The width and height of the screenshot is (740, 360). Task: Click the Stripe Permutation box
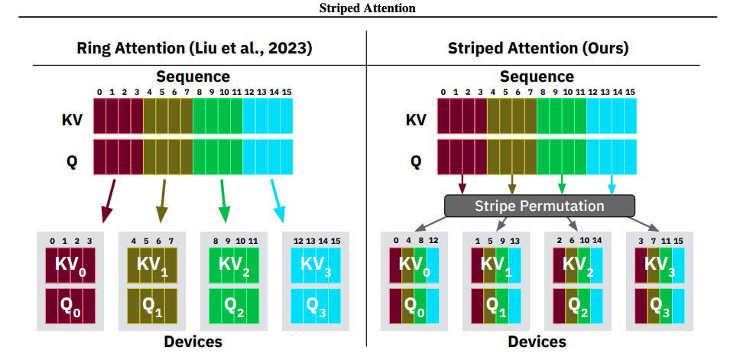[540, 206]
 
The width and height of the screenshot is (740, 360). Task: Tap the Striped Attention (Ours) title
[538, 48]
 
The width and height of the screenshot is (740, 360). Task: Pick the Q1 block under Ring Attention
[151, 306]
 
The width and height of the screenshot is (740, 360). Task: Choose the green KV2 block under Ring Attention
[234, 264]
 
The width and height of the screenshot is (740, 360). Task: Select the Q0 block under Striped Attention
[414, 306]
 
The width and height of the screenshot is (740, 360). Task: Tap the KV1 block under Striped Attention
[495, 264]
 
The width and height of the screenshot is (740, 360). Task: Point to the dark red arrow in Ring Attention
[109, 200]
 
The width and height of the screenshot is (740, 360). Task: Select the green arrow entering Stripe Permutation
[562, 184]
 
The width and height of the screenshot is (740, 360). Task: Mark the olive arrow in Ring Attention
[162, 200]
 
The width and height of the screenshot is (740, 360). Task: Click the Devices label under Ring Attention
[193, 341]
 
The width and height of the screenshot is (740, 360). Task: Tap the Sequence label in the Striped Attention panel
[537, 76]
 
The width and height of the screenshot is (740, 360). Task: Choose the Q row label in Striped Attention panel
[416, 161]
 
